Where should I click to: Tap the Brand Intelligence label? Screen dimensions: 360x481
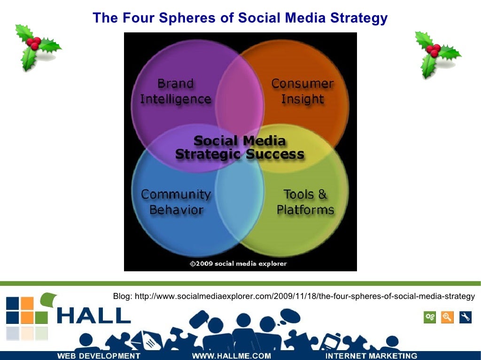click(x=176, y=92)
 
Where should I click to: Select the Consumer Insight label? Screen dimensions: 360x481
click(x=303, y=92)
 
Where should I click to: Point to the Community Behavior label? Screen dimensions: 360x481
click(x=176, y=202)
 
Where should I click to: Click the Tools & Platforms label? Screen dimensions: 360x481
click(x=305, y=202)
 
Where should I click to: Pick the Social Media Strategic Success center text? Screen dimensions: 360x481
click(x=240, y=147)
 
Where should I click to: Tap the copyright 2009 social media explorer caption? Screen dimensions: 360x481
click(x=238, y=264)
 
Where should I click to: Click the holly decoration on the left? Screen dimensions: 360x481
click(x=37, y=47)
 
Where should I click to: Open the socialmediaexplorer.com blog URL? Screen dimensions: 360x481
click(x=294, y=296)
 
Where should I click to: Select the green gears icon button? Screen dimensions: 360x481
click(x=429, y=317)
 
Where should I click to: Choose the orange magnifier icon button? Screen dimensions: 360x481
click(x=447, y=317)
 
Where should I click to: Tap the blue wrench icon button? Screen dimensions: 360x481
click(x=465, y=317)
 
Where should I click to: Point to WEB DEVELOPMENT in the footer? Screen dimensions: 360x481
click(x=99, y=356)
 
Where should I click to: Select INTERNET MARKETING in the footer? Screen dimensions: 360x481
click(x=371, y=356)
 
